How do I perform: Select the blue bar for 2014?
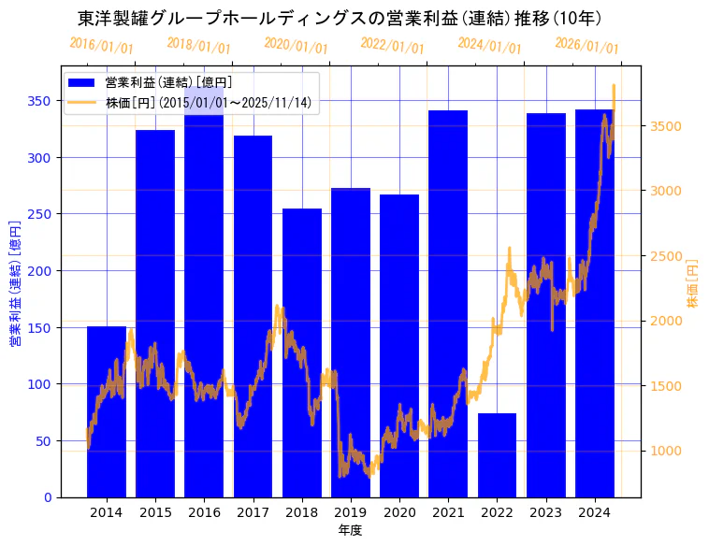pos(107,411)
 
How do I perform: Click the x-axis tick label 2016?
pos(204,512)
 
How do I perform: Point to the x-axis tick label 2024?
pos(594,512)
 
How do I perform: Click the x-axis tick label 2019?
pos(351,512)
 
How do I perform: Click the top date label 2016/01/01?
pos(101,46)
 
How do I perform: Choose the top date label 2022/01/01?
pos(392,46)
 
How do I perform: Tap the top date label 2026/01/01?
pos(586,46)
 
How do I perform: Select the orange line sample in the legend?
pos(82,102)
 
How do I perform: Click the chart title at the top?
pos(340,19)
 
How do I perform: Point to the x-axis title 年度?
pos(350,530)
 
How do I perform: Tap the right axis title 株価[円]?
pos(693,284)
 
